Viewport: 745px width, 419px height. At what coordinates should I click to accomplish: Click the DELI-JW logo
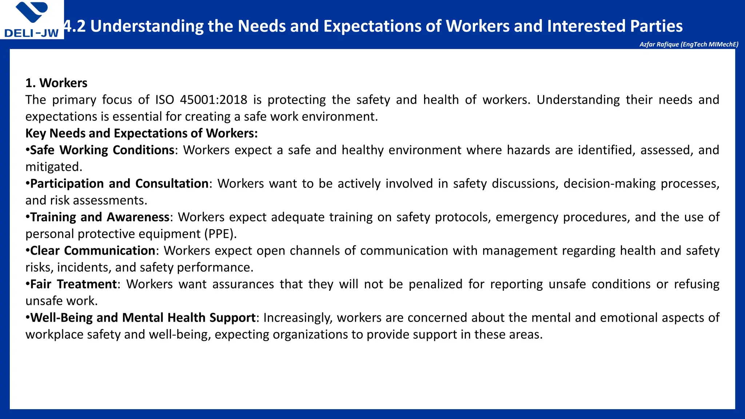tap(32, 20)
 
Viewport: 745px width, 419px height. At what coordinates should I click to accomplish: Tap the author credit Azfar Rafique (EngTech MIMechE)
tap(689, 44)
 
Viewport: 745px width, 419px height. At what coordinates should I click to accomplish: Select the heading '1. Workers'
tap(56, 83)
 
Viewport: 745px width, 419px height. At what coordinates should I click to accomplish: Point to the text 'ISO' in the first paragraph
tap(165, 100)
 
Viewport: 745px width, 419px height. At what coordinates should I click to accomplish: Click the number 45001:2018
tap(214, 100)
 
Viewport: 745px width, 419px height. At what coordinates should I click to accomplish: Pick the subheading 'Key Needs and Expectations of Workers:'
tap(142, 133)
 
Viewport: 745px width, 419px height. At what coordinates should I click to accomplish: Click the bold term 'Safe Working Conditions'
tap(102, 150)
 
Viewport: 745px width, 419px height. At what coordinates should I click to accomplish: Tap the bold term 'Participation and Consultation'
tap(119, 183)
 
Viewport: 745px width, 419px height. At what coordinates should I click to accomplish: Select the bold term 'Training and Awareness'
tap(100, 217)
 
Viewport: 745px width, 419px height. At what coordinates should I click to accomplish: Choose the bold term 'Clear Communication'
tap(93, 251)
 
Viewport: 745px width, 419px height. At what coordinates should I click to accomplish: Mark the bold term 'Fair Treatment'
tap(73, 284)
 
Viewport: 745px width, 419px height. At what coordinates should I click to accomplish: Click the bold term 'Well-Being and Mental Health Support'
tap(143, 318)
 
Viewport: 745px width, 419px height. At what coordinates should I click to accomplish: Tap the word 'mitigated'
tap(53, 167)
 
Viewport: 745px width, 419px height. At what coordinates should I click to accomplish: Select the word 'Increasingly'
tap(298, 318)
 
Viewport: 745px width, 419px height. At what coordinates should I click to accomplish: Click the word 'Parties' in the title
tap(656, 26)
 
